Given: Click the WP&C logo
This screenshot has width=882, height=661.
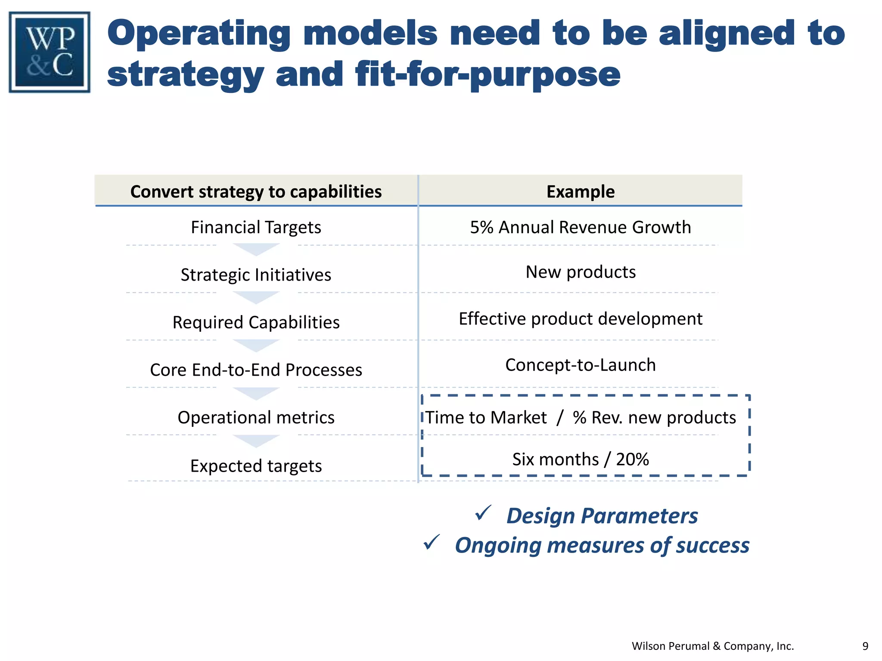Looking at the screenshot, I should tap(50, 52).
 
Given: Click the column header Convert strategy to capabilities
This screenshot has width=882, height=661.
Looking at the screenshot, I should tap(256, 192).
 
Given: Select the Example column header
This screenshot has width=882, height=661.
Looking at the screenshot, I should tap(580, 192).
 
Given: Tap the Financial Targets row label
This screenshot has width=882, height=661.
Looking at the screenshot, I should tap(256, 227).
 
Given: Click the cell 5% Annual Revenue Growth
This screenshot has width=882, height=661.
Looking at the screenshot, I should tap(580, 227).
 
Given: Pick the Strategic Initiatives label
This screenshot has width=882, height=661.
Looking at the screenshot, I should tap(256, 275).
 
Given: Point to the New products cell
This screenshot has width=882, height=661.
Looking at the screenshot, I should tap(580, 272).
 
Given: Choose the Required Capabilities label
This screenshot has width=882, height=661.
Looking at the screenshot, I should tap(256, 322).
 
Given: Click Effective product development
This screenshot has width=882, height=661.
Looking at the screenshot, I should tap(580, 319).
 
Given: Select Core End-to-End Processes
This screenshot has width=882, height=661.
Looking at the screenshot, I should tap(256, 370).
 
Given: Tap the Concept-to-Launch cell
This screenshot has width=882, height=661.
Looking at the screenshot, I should tap(580, 365).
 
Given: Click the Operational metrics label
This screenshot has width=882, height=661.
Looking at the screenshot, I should tap(256, 417).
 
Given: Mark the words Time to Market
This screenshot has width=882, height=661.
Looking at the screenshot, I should tap(486, 417).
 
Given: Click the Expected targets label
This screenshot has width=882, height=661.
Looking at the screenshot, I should tap(256, 466).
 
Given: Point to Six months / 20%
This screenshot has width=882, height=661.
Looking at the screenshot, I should tap(580, 459).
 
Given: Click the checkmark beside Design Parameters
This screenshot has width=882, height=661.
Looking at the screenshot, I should tap(483, 513).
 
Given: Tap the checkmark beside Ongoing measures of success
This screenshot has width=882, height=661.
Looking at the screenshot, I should tap(432, 542).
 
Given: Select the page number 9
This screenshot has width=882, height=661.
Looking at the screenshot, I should tap(865, 646).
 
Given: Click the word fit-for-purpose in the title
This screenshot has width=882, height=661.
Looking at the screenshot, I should tap(488, 75).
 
